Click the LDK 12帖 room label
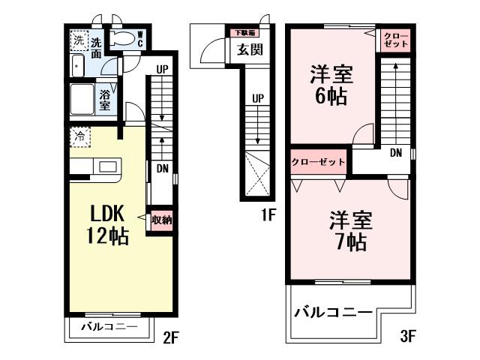pos(108,223)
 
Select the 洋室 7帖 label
pos(348,231)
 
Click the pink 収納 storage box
pos(161,220)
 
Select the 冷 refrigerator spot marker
pos(79,137)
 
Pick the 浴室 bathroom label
pos(105,100)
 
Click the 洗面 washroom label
pos(97,47)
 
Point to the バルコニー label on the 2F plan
pos(109,328)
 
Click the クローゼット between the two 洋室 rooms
pos(319,161)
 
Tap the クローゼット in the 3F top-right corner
pos(396,40)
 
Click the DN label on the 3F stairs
pos(396,152)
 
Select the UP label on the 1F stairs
pos(257,98)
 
